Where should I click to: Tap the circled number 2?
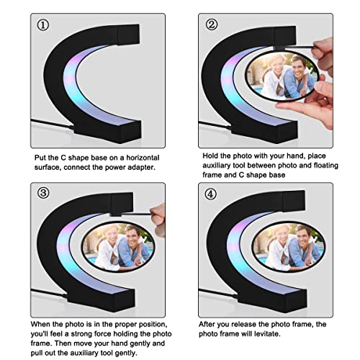212,25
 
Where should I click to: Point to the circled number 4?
212,194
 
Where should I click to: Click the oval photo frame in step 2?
282,77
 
